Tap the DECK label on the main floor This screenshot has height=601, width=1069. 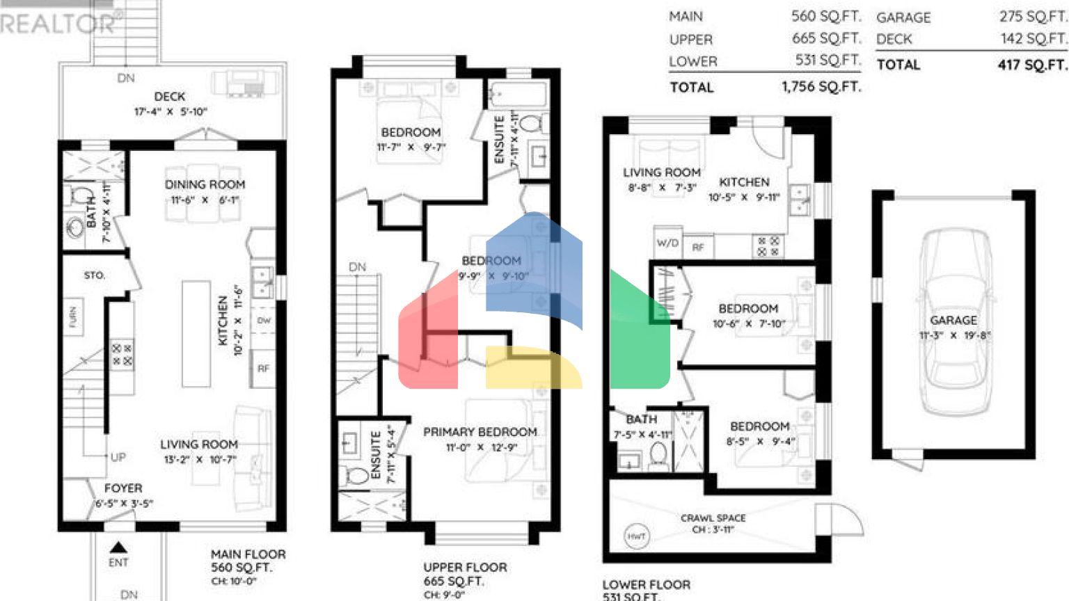coord(170,97)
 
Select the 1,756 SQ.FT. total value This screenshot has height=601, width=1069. coord(821,87)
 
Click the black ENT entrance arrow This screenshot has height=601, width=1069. coord(118,547)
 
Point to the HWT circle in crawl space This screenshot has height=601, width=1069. coord(636,536)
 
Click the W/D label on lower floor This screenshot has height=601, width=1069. coord(667,243)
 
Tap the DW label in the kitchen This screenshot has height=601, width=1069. coord(264,321)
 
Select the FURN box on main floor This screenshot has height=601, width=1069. coord(73,317)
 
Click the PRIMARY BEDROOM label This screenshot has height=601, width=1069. coord(480,432)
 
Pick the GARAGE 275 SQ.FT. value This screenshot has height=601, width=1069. coord(1033,17)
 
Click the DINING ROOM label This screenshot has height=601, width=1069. coord(205,184)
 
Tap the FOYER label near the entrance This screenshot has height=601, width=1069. coord(123,488)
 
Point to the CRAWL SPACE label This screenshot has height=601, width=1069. coord(713,518)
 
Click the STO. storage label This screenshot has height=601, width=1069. coord(95,275)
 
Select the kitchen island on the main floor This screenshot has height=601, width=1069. coord(196,333)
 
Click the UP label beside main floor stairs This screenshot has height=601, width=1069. coord(118,457)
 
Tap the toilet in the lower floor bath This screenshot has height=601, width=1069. coord(658,455)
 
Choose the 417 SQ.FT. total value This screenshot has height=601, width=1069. coord(1032,65)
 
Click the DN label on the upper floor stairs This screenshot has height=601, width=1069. coord(357,267)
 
